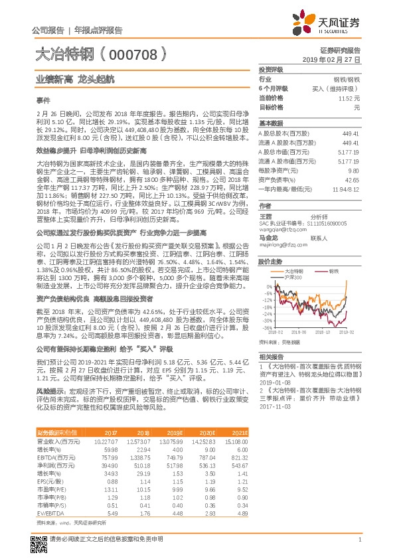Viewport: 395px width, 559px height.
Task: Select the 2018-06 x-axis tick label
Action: pos(298,332)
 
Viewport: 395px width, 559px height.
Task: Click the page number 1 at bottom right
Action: pos(358,540)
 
